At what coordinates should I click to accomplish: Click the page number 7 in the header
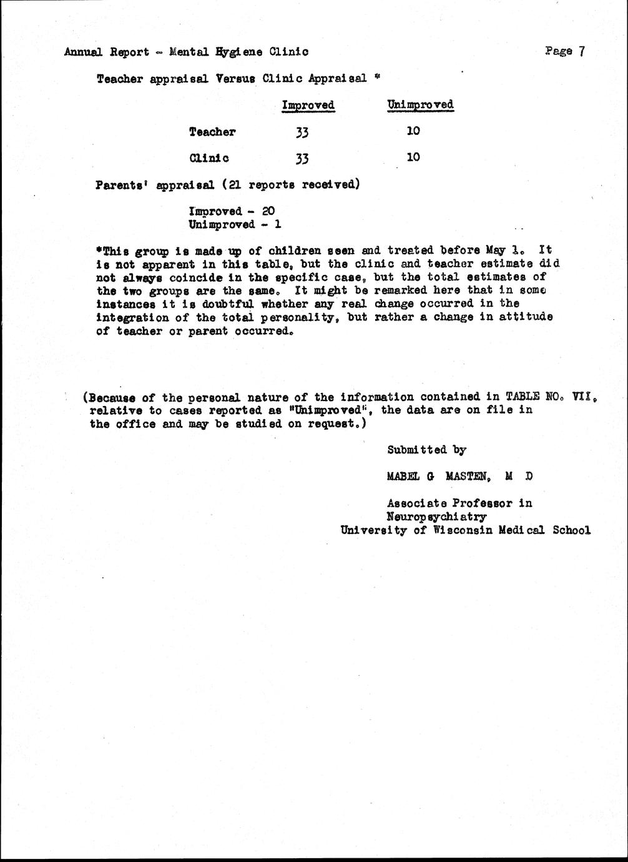(581, 51)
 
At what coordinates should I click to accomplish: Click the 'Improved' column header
(308, 105)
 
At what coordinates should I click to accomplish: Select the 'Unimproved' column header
(420, 104)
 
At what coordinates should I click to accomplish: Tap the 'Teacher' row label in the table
(212, 132)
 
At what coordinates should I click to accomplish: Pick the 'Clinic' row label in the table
(209, 158)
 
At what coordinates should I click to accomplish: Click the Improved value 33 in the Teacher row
(302, 132)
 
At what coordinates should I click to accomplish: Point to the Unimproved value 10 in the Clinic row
(413, 157)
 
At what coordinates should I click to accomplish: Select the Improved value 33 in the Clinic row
(302, 159)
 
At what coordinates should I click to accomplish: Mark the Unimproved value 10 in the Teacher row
(413, 131)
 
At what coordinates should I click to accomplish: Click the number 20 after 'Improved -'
(268, 211)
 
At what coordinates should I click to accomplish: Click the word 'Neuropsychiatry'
(436, 517)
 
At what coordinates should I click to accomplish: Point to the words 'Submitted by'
(426, 450)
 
